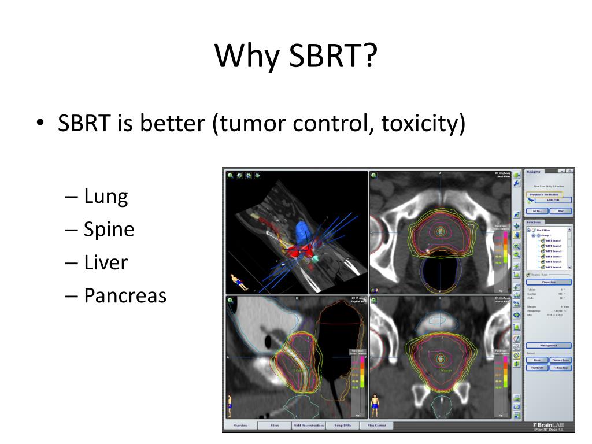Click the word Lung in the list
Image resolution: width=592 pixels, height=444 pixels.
click(106, 197)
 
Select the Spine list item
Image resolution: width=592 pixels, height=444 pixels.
click(109, 230)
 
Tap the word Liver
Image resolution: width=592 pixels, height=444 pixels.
click(106, 262)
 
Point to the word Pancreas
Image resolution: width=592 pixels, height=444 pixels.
click(125, 295)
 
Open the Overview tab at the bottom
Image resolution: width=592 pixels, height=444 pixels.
click(240, 425)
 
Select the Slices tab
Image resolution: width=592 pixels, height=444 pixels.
click(275, 425)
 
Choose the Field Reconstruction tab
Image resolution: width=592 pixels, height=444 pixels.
click(308, 425)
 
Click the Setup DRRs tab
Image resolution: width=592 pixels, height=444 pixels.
click(342, 425)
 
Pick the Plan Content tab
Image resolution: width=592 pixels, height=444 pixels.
click(376, 425)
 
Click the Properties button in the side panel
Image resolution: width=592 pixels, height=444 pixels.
click(549, 282)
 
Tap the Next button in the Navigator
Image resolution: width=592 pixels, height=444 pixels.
click(560, 211)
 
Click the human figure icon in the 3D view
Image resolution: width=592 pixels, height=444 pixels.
click(238, 283)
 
